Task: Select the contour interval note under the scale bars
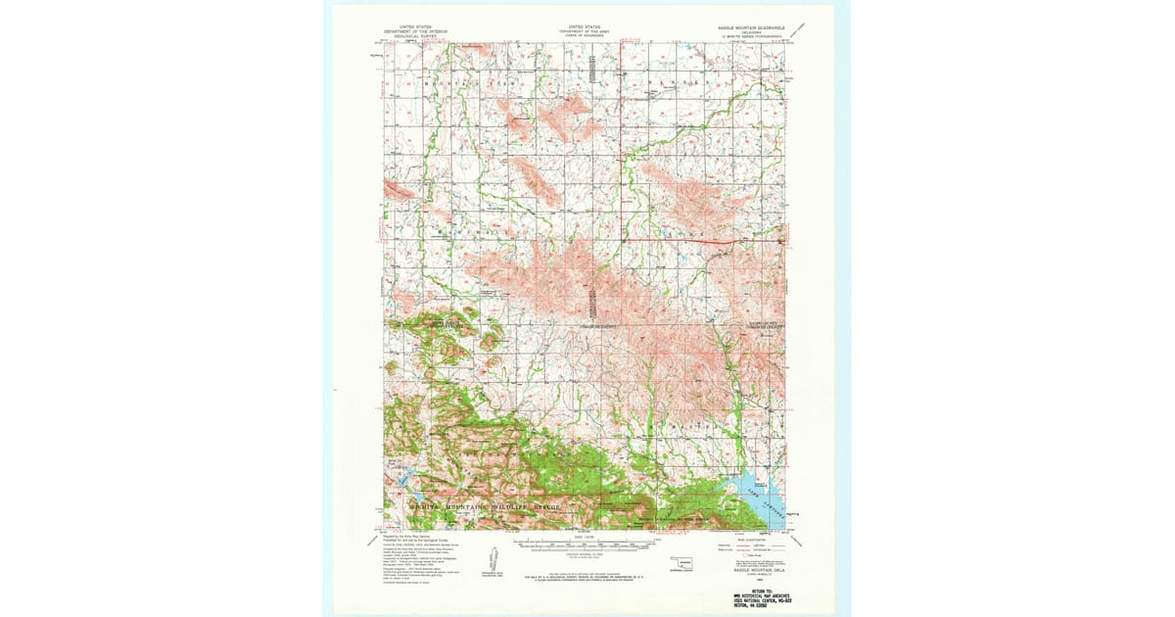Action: click(584, 554)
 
